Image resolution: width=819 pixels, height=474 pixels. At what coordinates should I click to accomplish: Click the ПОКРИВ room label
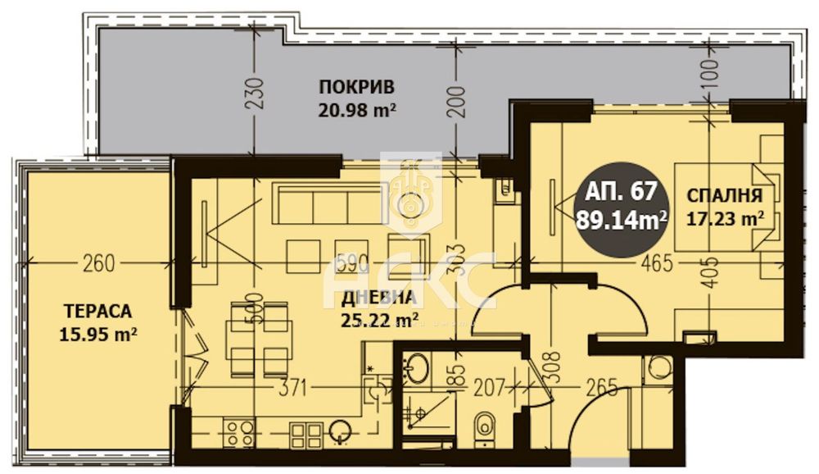tap(357, 87)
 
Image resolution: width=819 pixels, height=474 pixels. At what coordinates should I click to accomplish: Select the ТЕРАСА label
tap(97, 312)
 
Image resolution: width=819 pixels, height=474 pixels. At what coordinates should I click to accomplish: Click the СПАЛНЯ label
tap(725, 196)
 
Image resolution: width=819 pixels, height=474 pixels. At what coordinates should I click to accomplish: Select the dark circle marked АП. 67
tap(622, 205)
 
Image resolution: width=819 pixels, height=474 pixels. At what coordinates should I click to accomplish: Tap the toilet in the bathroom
tap(484, 426)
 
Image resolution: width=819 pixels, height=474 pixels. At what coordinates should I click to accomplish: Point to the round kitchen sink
tap(340, 432)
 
